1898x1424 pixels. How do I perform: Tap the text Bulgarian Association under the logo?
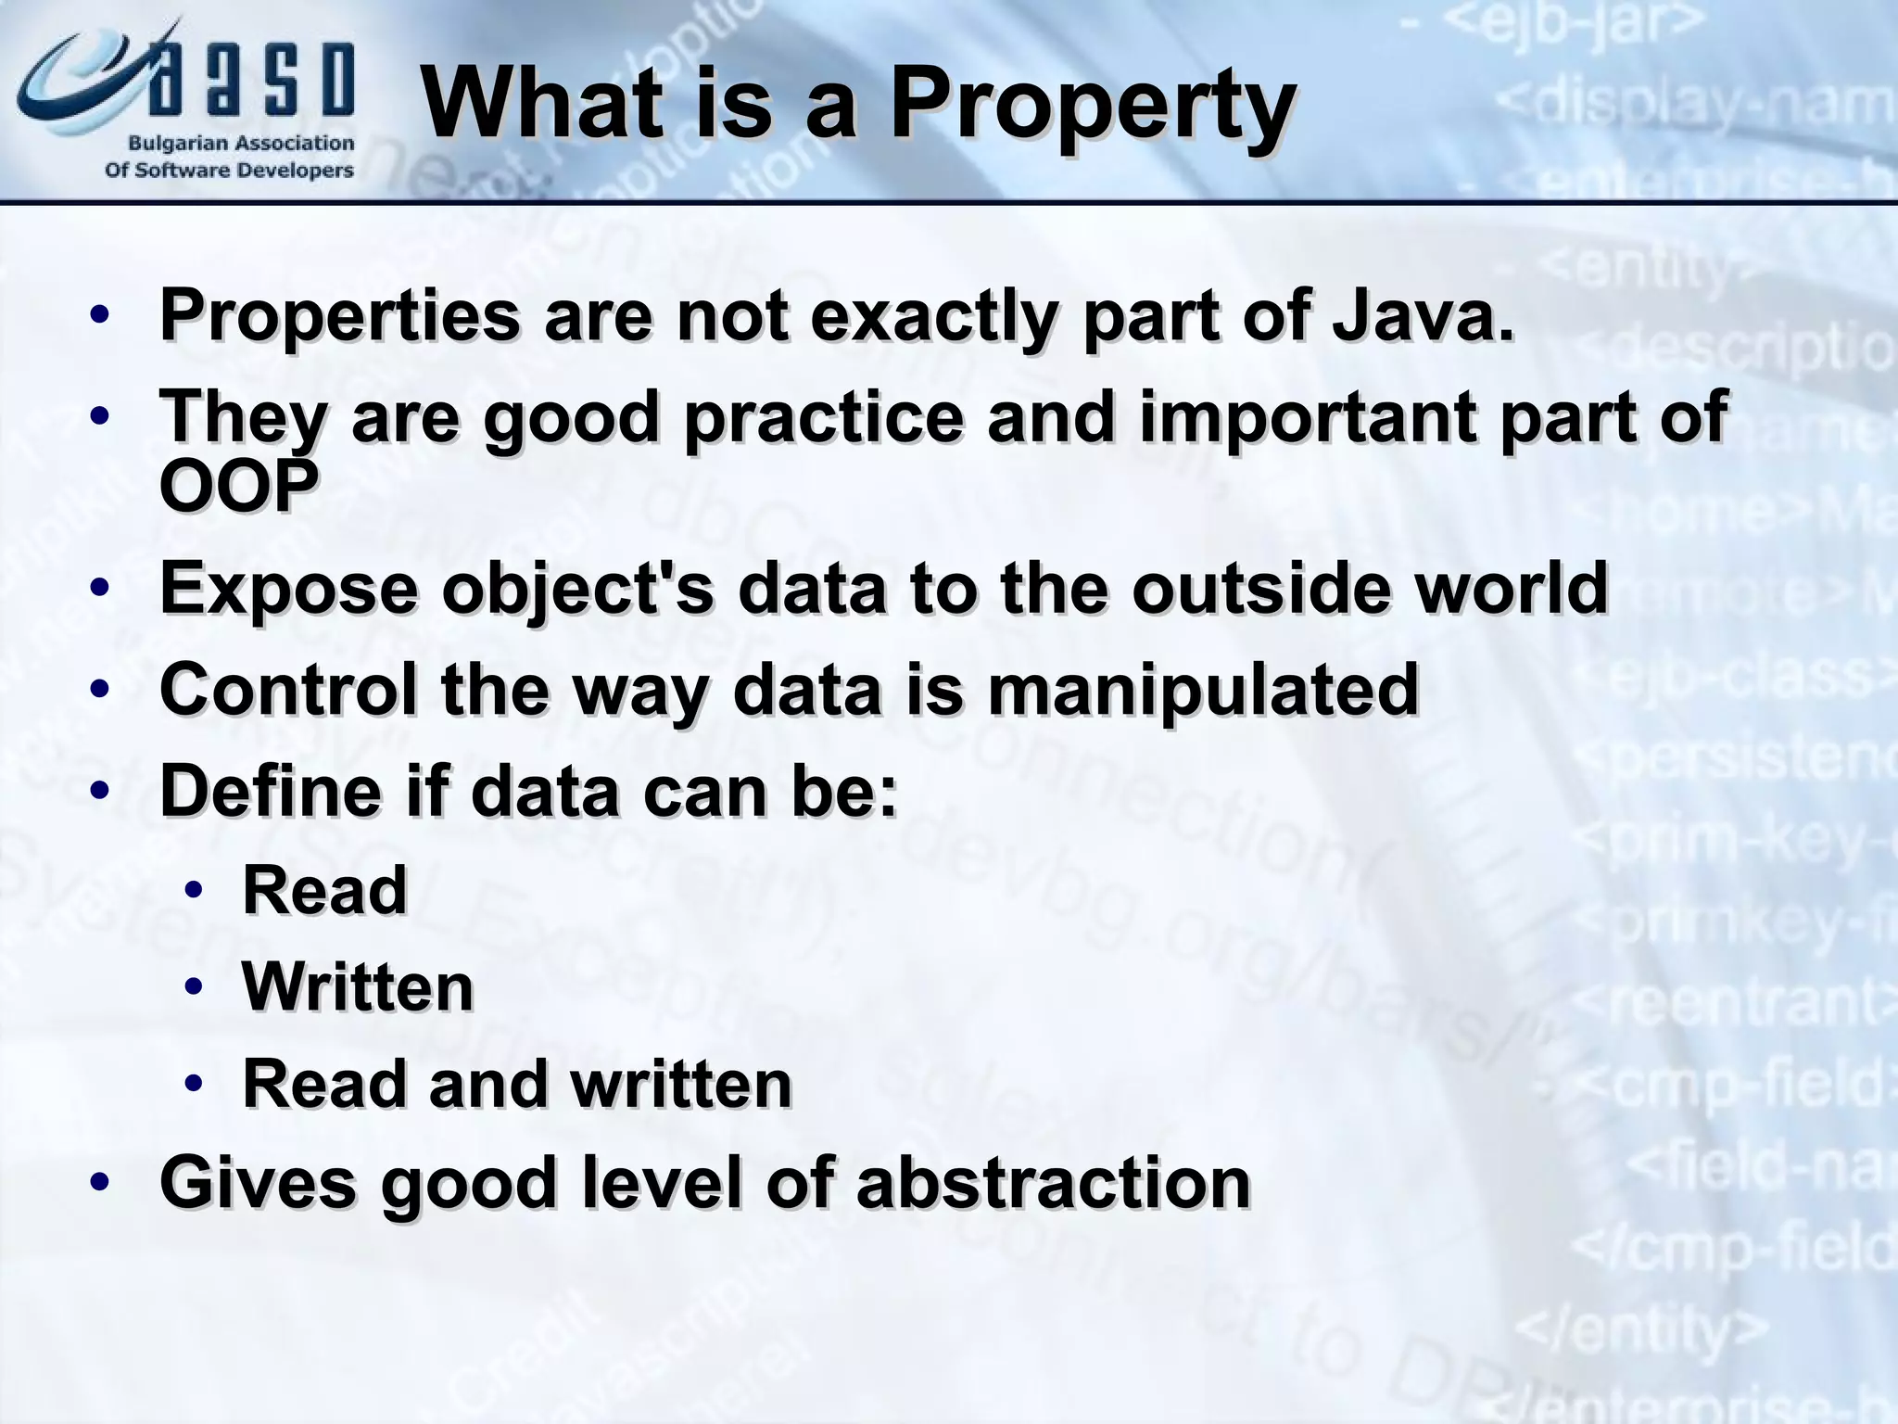tap(240, 144)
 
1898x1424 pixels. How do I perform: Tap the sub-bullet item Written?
tap(358, 986)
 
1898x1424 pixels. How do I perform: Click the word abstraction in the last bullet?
tap(1053, 1183)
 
